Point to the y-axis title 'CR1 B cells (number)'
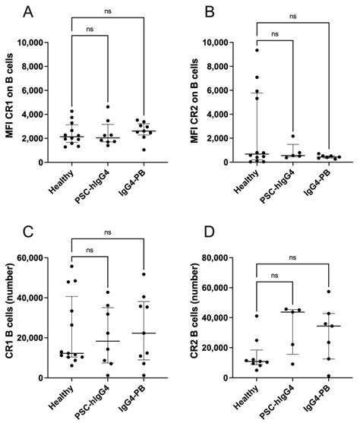point(11,317)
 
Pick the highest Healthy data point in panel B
point(257,50)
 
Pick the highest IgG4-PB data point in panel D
point(329,292)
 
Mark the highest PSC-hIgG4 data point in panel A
point(108,107)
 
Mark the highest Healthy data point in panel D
point(257,316)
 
